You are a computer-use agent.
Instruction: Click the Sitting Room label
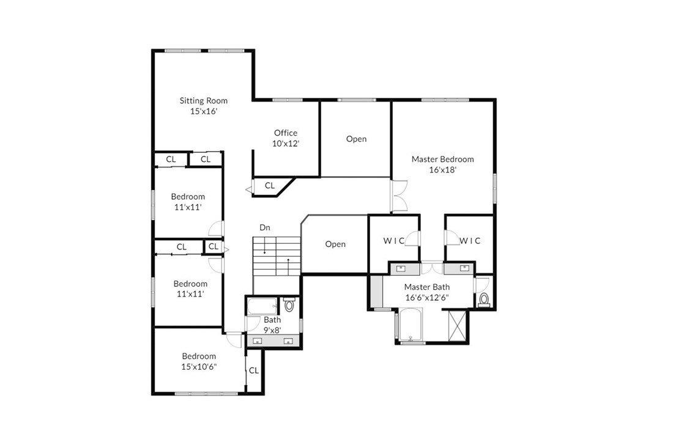coord(204,100)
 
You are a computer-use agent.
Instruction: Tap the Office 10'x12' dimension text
coord(286,144)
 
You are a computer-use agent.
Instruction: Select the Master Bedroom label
coord(442,159)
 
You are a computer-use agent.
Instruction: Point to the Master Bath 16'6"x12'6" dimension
coord(427,298)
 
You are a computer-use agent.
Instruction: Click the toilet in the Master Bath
coord(484,299)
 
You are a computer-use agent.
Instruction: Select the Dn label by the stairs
coord(265,227)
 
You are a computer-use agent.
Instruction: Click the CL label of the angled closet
coord(269,186)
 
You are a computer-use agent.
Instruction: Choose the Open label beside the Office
coord(356,139)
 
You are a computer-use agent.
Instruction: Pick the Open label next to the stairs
coord(335,244)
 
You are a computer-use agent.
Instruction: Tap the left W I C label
coord(393,240)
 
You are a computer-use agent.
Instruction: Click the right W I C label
coord(470,240)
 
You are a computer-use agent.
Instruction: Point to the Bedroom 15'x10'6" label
coord(199,361)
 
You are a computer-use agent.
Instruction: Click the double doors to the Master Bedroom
coord(399,196)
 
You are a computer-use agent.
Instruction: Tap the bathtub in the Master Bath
coord(411,325)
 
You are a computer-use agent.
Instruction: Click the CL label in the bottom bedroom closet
coord(253,370)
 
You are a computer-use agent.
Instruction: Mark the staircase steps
coord(277,256)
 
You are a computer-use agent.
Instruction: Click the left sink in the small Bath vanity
coord(258,340)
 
